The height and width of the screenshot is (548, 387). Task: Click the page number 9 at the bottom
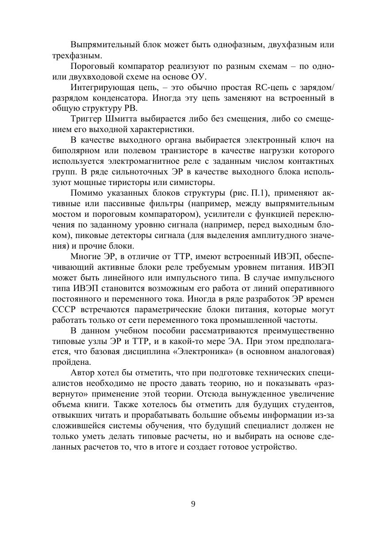[x=193, y=504]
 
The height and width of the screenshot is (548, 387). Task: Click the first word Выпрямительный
[x=98, y=45]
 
